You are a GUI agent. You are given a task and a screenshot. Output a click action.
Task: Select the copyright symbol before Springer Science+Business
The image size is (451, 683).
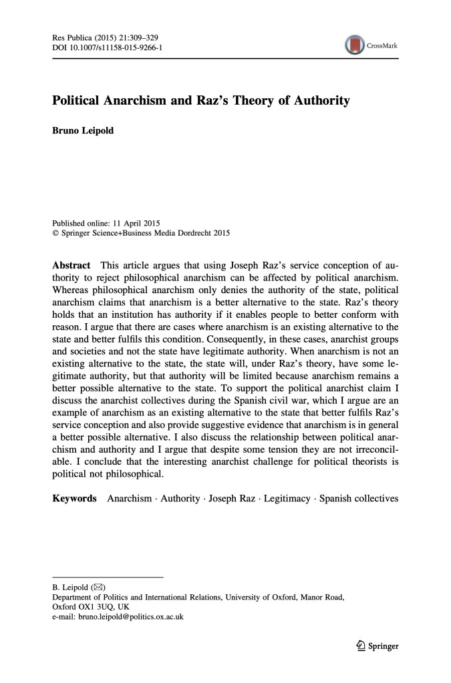tap(55, 233)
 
